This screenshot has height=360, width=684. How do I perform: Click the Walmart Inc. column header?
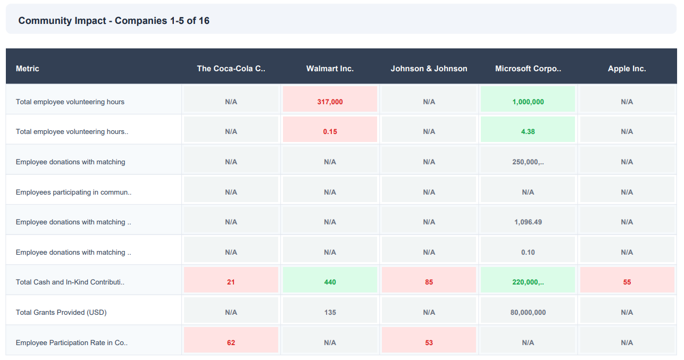coord(330,69)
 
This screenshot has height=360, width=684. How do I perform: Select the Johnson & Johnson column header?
coord(429,69)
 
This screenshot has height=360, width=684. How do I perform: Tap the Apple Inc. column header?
coord(627,69)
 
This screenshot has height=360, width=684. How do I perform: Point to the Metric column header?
coord(28,69)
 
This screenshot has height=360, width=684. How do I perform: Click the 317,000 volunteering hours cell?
coord(330,102)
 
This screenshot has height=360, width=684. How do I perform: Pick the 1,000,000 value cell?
coord(528,102)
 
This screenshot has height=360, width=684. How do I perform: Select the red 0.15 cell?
coord(330,131)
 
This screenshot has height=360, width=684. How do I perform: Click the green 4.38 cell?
coord(528,131)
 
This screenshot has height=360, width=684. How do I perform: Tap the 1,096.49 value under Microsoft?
coord(528,222)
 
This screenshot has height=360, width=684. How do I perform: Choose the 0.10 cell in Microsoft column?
coord(528,252)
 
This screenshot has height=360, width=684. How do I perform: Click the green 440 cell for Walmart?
coord(330,282)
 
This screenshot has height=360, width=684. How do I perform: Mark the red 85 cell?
coord(429,282)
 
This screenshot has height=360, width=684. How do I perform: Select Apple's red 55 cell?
coord(627,282)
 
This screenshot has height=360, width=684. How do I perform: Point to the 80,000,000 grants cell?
coord(528,312)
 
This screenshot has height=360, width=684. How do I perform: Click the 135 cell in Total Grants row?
coord(330,312)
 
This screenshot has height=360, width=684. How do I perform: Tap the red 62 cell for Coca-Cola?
coord(231,342)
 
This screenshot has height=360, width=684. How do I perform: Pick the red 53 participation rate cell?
coord(429,342)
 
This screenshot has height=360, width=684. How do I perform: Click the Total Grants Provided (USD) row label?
coord(61,312)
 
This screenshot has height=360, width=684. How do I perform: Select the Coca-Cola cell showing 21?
coord(231,282)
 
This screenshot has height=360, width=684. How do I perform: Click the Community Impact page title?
coord(114,21)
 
